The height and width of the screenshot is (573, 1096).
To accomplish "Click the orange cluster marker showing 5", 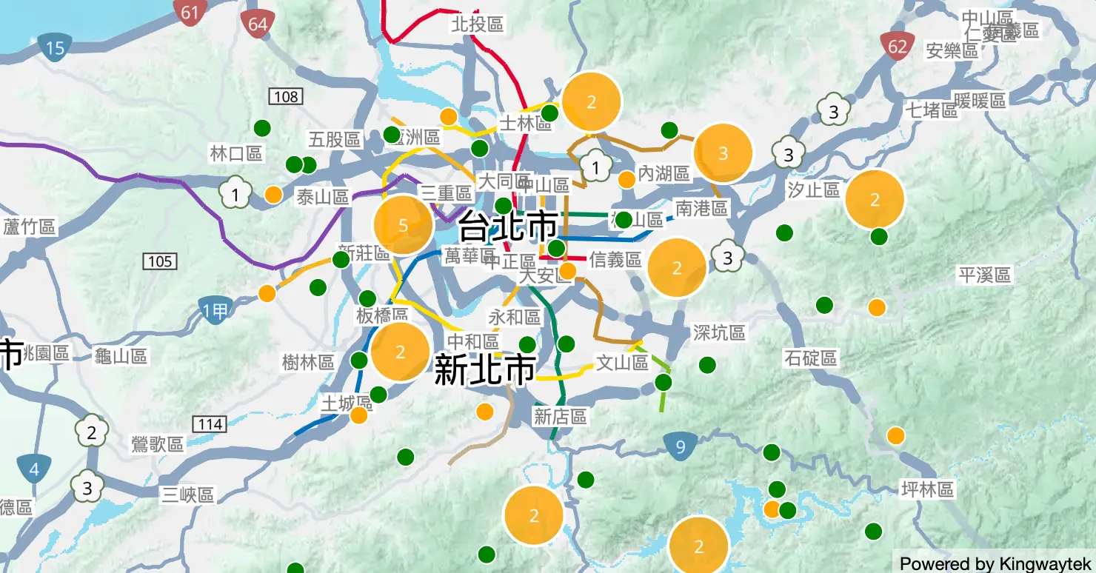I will pos(403,226).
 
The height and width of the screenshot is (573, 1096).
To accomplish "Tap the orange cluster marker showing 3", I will pos(723,153).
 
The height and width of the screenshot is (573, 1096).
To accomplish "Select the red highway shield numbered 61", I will pos(190,13).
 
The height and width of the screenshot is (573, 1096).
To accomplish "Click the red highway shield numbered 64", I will pos(258,24).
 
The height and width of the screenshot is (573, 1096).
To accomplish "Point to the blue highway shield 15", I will pos(55,49).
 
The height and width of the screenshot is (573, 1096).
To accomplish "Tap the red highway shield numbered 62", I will pos(898,47).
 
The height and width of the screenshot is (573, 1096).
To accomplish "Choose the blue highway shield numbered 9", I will pos(680,446).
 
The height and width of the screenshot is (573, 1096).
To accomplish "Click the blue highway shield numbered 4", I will pos(34,469).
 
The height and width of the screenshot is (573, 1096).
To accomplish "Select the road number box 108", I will pos(286,96).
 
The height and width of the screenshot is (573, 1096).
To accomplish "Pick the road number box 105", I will pos(160,261).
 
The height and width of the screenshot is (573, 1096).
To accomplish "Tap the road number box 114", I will pos(210,424).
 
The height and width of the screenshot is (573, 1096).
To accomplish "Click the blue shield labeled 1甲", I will pos(215,311).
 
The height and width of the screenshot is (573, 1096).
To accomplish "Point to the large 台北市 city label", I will pos(508,226).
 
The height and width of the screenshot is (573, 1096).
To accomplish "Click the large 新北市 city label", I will pos(484,369).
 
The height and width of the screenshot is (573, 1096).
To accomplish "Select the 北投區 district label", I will pos(478,24).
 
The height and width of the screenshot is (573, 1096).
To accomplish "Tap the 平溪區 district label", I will pos(984,275).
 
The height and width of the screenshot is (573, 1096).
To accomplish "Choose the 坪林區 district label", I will pos(927,489).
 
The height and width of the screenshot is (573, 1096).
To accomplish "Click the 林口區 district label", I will pos(236,153).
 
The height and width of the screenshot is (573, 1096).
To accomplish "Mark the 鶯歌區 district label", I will pos(156,444).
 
